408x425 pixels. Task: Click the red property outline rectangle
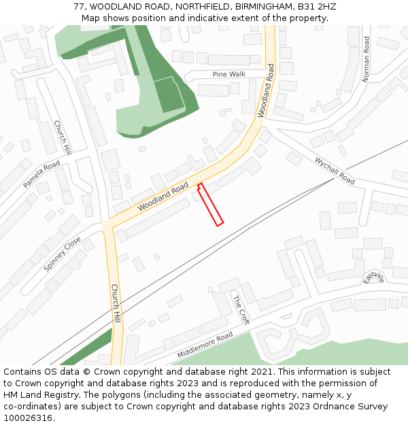pyautogui.click(x=211, y=205)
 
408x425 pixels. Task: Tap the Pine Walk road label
pyautogui.click(x=228, y=74)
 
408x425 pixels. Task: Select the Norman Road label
pyautogui.click(x=367, y=59)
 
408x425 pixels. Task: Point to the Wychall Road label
pyautogui.click(x=335, y=171)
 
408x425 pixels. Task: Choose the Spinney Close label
pyautogui.click(x=63, y=254)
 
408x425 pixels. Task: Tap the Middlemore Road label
pyautogui.click(x=205, y=345)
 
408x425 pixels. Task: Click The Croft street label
pyautogui.click(x=241, y=310)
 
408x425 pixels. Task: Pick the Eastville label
pyautogui.click(x=374, y=278)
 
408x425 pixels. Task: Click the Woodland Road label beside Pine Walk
pyautogui.click(x=266, y=91)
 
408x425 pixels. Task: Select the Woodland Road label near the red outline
pyautogui.click(x=163, y=197)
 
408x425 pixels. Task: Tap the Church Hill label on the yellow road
pyautogui.click(x=115, y=303)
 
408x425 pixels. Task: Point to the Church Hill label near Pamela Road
pyautogui.click(x=63, y=138)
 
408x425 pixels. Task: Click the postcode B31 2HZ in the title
pyautogui.click(x=317, y=6)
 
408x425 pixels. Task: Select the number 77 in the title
pyautogui.click(x=80, y=6)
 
